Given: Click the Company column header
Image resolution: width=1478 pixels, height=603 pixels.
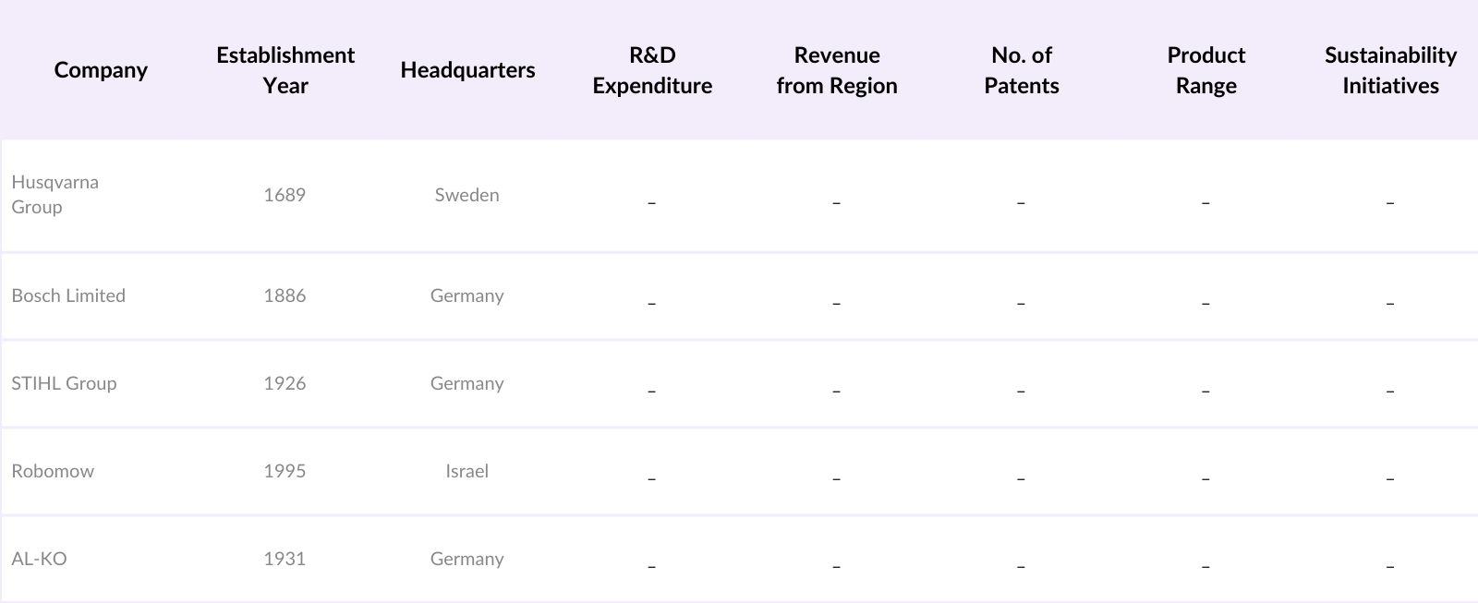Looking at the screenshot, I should pos(101,70).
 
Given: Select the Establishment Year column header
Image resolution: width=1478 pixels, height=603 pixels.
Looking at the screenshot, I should pos(285,70).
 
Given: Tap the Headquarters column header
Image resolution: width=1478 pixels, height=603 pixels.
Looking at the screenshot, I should pos(467,70).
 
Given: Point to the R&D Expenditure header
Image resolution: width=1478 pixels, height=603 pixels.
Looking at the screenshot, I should pos(652,70).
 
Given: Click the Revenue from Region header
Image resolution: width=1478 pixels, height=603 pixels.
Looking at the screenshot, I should pos(837,70).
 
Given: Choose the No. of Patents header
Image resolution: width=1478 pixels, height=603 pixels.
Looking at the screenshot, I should pos(1021,70).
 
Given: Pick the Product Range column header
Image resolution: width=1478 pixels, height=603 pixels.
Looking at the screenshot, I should pos(1205,70).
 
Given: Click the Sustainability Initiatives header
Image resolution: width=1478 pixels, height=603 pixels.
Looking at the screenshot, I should pos(1390,70).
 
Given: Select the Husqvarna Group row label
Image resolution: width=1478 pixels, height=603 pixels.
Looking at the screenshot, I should pos(55,194).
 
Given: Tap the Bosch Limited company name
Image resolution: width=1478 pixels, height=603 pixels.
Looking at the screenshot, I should pos(68,295).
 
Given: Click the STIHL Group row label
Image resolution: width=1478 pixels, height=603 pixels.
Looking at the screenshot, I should pos(64,383).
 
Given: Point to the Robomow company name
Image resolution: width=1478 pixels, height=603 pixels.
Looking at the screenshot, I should pos(53,471).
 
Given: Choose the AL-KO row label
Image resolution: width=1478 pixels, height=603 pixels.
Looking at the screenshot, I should pos(39,559).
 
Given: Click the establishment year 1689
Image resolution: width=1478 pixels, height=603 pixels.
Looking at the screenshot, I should pos(285,195).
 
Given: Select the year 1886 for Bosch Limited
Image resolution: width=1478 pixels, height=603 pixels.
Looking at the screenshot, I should pos(285,295).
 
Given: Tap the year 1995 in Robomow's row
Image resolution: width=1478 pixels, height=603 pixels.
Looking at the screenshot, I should pos(285,471).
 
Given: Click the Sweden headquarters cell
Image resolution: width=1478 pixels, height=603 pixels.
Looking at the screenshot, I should pos(466,195).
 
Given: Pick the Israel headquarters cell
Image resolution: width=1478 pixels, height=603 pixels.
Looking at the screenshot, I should pos(466,471).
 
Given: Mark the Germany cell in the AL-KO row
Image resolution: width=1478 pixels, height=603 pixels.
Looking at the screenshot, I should pos(466,559).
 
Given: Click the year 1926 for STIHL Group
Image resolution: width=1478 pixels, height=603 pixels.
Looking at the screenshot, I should pos(285,383).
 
